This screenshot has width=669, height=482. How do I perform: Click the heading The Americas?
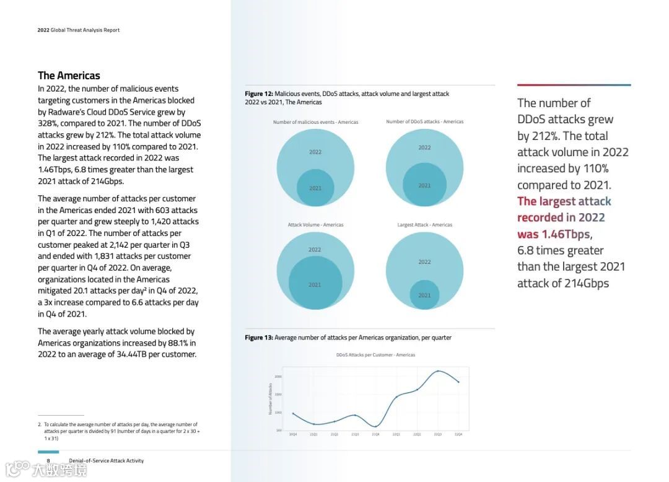coord(69,76)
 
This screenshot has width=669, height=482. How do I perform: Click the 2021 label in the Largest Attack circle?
coord(424,295)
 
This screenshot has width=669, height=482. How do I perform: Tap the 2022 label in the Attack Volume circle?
coord(315,250)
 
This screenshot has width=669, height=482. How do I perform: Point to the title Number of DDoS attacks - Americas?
coord(424,121)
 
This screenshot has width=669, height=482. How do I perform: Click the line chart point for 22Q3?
coord(438,371)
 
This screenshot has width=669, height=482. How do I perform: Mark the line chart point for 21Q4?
coord(375,426)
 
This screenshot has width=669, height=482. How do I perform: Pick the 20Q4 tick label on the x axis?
coord(293,434)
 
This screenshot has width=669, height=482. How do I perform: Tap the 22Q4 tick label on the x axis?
coord(458,434)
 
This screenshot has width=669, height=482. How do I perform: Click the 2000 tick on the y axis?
coord(278,377)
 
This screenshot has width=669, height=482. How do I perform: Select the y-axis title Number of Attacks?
coord(270,399)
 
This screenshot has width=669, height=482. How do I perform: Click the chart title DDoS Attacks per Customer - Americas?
coord(375,355)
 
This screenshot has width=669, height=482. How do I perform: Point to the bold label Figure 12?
coord(258,94)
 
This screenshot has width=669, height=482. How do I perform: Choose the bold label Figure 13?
coord(258,338)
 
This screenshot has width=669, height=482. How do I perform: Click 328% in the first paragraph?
coord(48,123)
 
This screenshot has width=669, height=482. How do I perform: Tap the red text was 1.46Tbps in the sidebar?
coord(553,234)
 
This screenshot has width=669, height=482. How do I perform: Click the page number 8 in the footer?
coord(48,461)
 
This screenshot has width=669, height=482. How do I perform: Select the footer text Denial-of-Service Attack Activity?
coord(106,461)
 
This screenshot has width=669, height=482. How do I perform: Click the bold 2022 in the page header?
coord(43,30)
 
